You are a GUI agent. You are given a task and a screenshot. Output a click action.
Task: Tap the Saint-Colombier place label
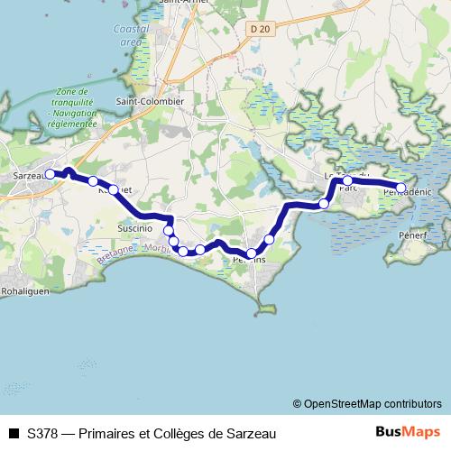(x=151, y=102)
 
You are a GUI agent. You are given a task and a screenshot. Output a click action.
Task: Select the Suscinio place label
(x=136, y=230)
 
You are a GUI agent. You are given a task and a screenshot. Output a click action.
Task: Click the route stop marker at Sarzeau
(x=51, y=174)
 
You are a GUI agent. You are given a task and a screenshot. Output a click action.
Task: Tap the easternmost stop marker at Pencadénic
(x=401, y=189)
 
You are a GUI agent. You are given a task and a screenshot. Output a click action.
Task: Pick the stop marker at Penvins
(x=252, y=253)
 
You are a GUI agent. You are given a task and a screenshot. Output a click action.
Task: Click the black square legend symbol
(x=13, y=433)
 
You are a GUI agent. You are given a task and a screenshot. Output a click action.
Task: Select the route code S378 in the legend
(x=44, y=433)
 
